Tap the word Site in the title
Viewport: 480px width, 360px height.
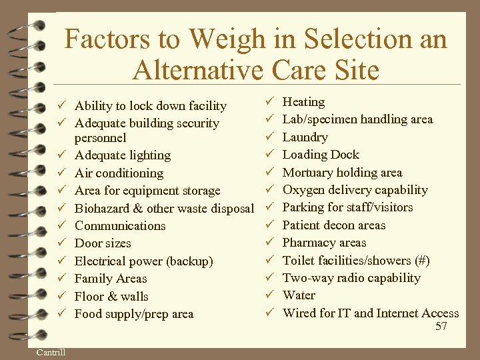pyautogui.click(x=354, y=69)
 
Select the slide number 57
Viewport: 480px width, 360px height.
pyautogui.click(x=441, y=326)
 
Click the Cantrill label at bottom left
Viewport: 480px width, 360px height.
pyautogui.click(x=51, y=353)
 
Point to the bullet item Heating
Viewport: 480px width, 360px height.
pyautogui.click(x=303, y=102)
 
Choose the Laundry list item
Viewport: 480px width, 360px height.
pyautogui.click(x=305, y=137)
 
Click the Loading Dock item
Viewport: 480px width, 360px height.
pyautogui.click(x=321, y=155)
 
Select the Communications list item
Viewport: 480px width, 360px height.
pyautogui.click(x=120, y=226)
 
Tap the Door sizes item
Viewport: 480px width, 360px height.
pyautogui.click(x=103, y=243)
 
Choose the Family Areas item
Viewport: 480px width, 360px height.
pyautogui.click(x=111, y=279)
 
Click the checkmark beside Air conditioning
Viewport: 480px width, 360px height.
pyautogui.click(x=60, y=173)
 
